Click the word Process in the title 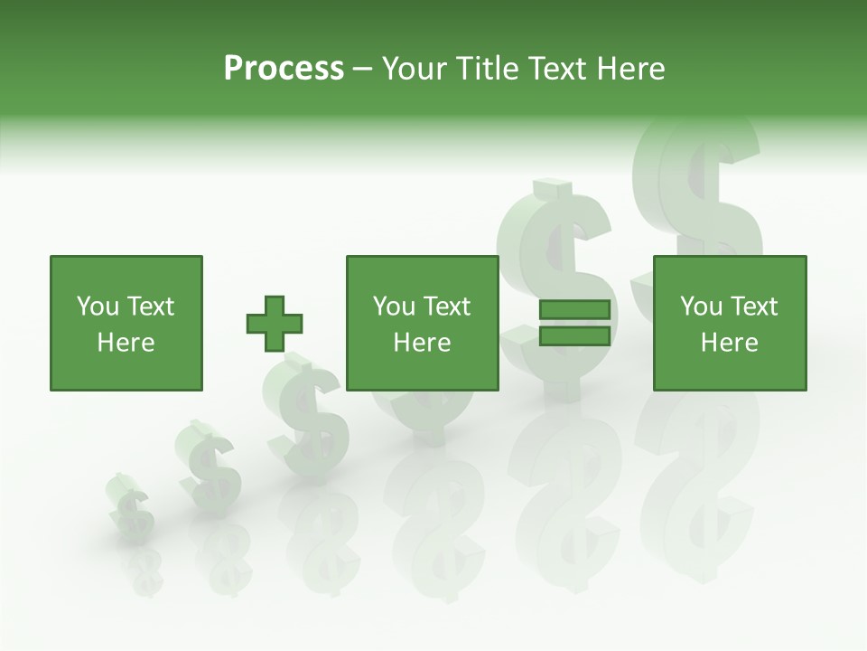(284, 69)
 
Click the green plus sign (275, 324)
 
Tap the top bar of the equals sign (574, 310)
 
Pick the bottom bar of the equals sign (574, 336)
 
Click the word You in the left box (97, 307)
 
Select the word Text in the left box (149, 307)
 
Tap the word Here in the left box (126, 343)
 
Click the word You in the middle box (394, 307)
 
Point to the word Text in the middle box (446, 307)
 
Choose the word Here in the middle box (422, 343)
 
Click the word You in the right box (701, 307)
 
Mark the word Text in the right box (753, 307)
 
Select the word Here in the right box (729, 343)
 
